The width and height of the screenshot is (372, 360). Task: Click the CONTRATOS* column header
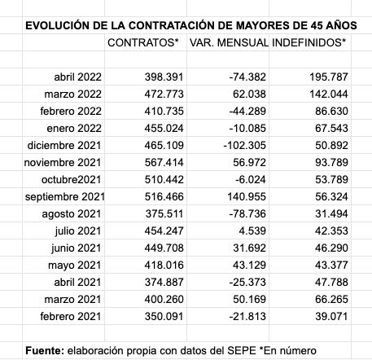click(x=143, y=41)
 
